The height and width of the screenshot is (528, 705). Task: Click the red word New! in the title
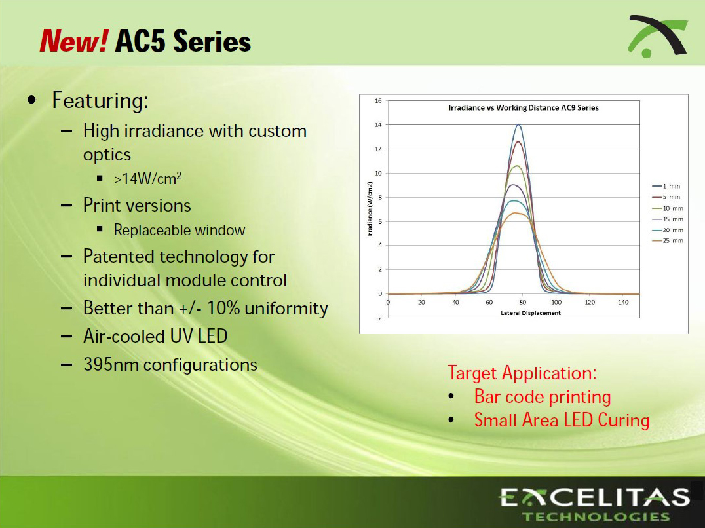pyautogui.click(x=74, y=41)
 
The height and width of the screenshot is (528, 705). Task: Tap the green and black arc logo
pyautogui.click(x=657, y=37)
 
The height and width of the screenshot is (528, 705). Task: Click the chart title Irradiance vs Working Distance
pyautogui.click(x=524, y=108)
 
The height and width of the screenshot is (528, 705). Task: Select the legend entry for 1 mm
pyautogui.click(x=666, y=186)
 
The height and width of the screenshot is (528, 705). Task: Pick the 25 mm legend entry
pyautogui.click(x=667, y=241)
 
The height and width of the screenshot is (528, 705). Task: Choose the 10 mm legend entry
pyautogui.click(x=667, y=208)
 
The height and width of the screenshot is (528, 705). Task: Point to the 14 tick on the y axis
pyautogui.click(x=378, y=125)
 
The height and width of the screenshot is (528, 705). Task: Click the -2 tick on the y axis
pyautogui.click(x=379, y=318)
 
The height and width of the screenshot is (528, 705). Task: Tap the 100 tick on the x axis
pyautogui.click(x=556, y=303)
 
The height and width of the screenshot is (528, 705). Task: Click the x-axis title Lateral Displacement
pyautogui.click(x=531, y=312)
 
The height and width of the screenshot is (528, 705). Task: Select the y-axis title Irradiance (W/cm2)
pyautogui.click(x=370, y=209)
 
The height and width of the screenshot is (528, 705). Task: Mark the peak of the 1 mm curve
pyautogui.click(x=519, y=124)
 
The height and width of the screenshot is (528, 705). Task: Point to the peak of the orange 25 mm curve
pyautogui.click(x=515, y=213)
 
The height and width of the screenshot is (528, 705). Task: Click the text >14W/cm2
pyautogui.click(x=147, y=178)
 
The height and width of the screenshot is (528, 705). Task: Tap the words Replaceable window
pyautogui.click(x=180, y=230)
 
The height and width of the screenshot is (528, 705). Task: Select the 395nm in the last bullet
pyautogui.click(x=111, y=364)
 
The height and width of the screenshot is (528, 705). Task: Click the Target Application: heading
pyautogui.click(x=522, y=373)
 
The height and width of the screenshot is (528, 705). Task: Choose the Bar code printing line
pyautogui.click(x=543, y=397)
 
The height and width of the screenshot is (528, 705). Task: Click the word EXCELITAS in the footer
pyautogui.click(x=594, y=497)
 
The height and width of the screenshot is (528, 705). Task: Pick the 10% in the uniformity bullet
pyautogui.click(x=223, y=309)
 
